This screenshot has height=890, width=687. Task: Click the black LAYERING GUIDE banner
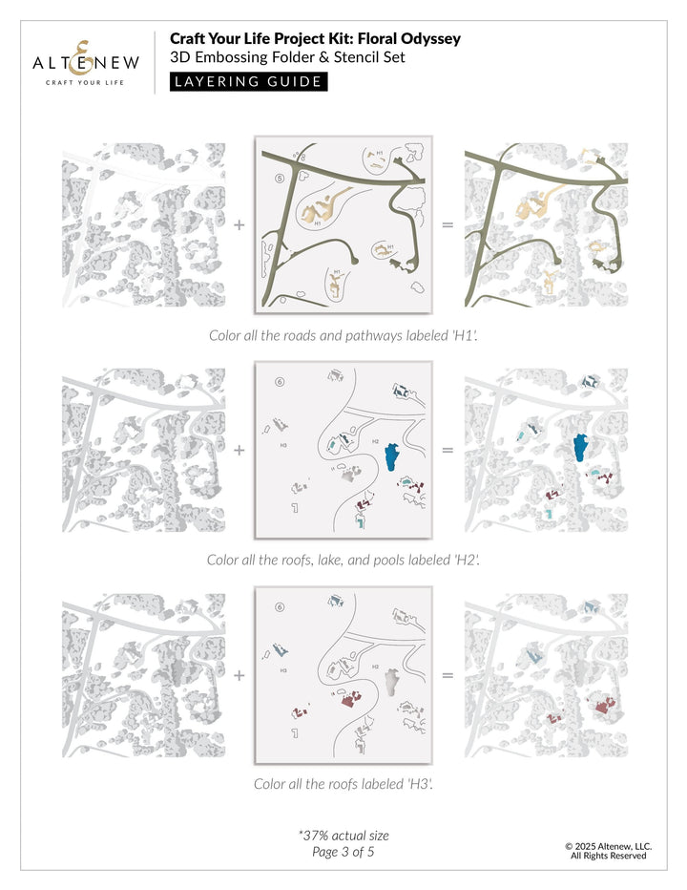tap(248, 81)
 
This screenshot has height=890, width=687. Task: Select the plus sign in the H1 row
tap(239, 225)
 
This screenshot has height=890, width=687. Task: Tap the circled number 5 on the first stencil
tap(280, 178)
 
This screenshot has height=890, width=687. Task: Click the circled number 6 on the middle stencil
tap(280, 382)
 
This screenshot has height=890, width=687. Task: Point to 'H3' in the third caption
tap(418, 784)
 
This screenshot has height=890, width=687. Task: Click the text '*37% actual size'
tap(343, 836)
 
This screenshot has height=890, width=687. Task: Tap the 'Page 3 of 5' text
tap(343, 852)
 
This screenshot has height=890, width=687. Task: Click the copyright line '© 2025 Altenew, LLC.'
tap(608, 846)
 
